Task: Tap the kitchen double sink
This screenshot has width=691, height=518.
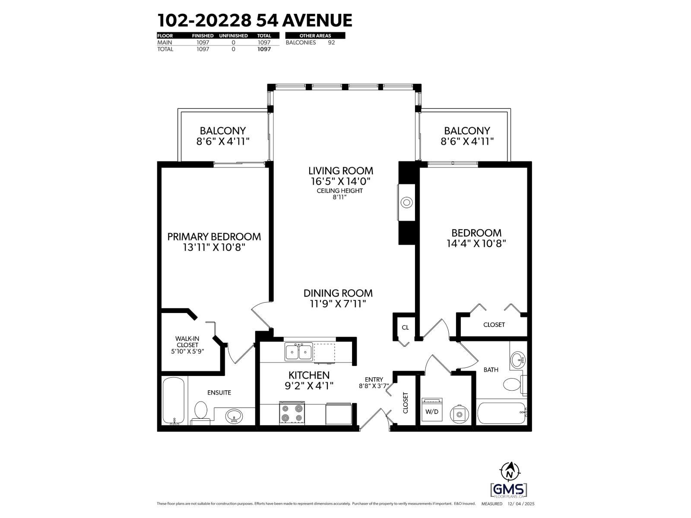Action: pos(298,352)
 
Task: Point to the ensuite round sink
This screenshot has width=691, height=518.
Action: pos(234,417)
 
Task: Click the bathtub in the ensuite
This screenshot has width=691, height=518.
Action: pos(174,401)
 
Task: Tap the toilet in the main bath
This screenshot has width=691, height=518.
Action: pos(513,385)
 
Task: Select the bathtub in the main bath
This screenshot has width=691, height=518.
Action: pos(501,414)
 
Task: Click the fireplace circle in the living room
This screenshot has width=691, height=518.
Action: pos(406,202)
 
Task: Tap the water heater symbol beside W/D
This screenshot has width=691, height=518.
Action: pos(458,413)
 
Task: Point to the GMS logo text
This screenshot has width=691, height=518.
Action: pos(509,490)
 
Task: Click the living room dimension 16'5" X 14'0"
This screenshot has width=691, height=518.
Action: pos(340,181)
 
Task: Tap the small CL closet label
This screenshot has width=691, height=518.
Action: pos(405,328)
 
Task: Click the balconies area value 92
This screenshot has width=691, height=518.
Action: pos(331,42)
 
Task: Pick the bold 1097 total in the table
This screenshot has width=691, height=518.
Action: pos(264,49)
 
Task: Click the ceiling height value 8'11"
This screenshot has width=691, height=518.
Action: pos(340,197)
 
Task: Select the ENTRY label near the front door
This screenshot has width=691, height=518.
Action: pos(374,379)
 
